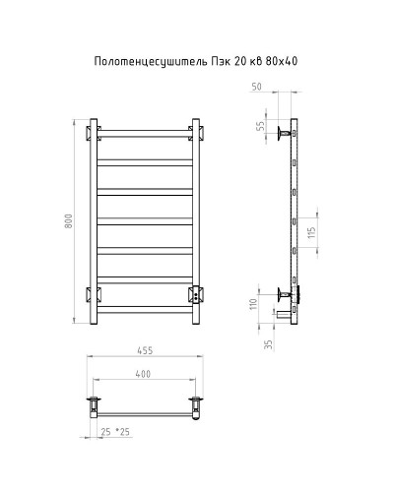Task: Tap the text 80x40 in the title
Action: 280,61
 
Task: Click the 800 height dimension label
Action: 68,223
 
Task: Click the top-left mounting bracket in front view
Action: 95,131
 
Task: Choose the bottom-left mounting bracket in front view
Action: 95,292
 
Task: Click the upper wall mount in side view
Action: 285,133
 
